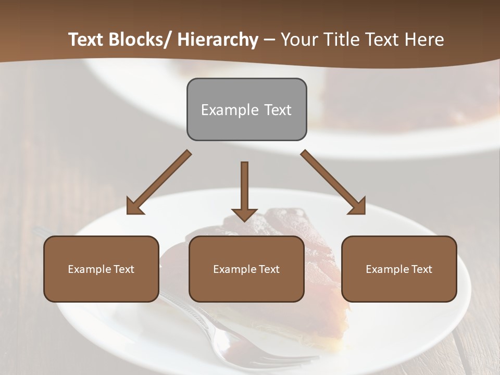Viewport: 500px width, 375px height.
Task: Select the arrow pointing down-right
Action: point(333,182)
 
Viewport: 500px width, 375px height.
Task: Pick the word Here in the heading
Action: point(423,40)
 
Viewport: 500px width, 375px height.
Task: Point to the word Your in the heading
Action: point(299,40)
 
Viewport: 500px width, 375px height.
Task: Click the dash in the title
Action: point(269,40)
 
